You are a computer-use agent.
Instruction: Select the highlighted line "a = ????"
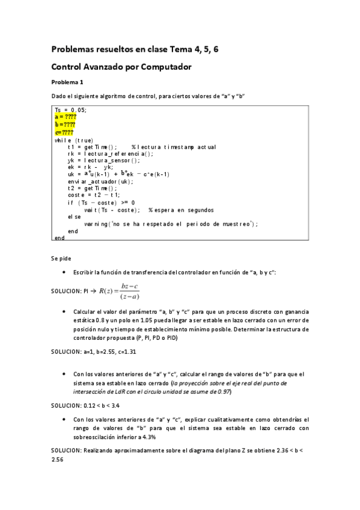pos(65,117)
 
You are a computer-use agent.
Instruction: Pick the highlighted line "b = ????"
pos(65,124)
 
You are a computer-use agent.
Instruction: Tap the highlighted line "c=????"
pos(64,132)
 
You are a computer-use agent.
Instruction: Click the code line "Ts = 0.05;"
pos(70,109)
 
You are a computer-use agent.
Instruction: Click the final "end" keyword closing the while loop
pos(59,238)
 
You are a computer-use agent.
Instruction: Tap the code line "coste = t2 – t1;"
pos(94,195)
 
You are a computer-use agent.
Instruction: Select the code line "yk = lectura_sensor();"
pos(103,160)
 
